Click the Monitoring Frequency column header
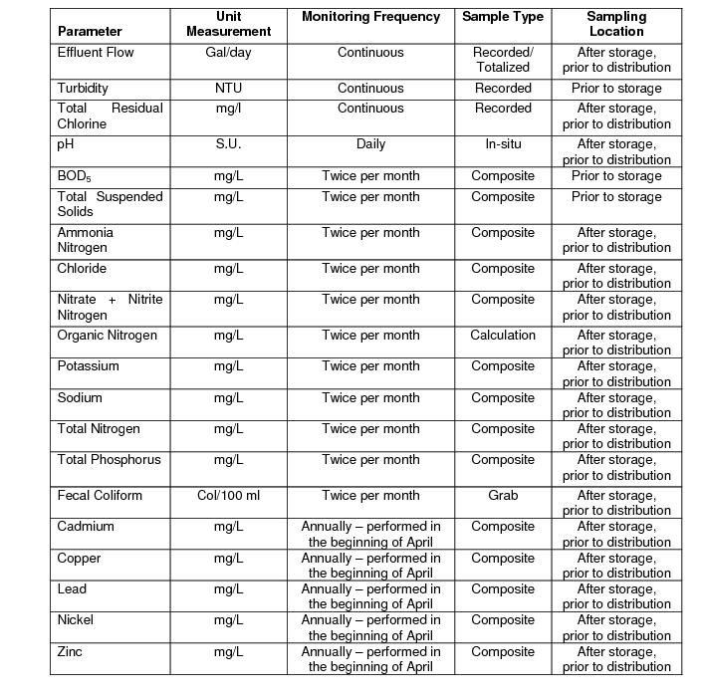tap(370, 17)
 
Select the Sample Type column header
tap(503, 17)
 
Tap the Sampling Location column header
tap(616, 24)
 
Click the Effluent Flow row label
tap(96, 52)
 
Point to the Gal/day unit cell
tap(228, 52)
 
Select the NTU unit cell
tap(228, 89)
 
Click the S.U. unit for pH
tap(228, 144)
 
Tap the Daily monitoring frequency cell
tap(370, 144)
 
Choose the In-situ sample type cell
tap(503, 144)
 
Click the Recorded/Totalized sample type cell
tap(503, 60)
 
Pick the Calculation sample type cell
tap(503, 336)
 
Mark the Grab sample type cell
tap(503, 496)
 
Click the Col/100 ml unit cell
tap(228, 496)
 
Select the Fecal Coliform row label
tap(100, 496)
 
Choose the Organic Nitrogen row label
tap(107, 336)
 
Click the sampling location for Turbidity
tap(616, 89)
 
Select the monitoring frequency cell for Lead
tap(370, 596)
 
